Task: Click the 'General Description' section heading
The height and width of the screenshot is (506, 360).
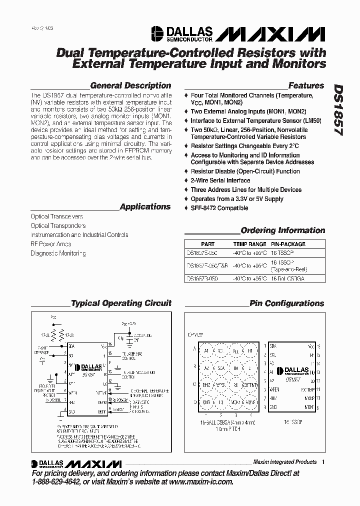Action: click(130, 85)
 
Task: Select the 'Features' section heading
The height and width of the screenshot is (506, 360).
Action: click(306, 85)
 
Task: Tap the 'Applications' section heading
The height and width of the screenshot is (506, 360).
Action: click(145, 206)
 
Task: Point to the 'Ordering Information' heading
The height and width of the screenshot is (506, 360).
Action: click(283, 230)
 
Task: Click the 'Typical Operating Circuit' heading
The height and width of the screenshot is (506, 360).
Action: click(121, 303)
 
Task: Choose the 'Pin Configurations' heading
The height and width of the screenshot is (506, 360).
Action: click(287, 303)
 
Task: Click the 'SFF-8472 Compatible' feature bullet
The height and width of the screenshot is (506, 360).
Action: click(219, 208)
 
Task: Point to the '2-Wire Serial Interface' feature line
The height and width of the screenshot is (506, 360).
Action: click(220, 180)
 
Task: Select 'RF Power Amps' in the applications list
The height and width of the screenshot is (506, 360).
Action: click(51, 244)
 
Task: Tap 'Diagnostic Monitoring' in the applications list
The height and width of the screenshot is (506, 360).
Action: click(58, 253)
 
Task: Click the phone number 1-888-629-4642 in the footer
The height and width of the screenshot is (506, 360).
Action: click(59, 481)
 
